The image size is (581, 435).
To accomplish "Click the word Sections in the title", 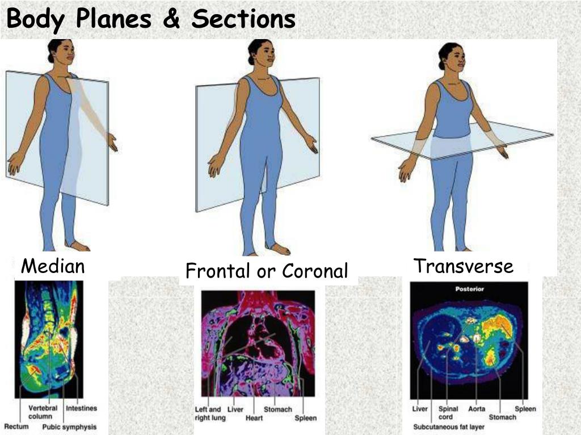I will pos(243,19).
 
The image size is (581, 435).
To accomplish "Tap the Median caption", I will pos(53,266).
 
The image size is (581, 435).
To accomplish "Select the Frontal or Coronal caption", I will pos(267,271).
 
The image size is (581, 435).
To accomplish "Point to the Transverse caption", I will pos(463,266).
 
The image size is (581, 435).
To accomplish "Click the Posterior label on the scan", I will pos(469,289).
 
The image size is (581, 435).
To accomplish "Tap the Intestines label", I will pos(81,408).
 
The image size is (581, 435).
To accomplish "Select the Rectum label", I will pos(16,426).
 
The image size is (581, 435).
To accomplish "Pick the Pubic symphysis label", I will pos(69,427).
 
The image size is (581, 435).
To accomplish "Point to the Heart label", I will pos(254,418).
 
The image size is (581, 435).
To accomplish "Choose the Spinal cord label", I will pos(448,412).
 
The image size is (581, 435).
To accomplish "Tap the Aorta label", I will pos(477,408).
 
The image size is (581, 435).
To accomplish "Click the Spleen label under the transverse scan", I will pos(525,408).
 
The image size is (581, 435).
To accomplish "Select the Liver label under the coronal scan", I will pos(235,409).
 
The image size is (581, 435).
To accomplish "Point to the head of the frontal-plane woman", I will pos(260,52).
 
